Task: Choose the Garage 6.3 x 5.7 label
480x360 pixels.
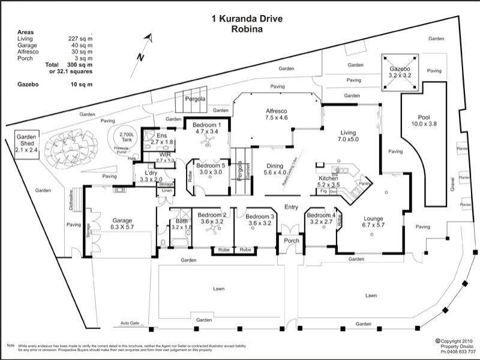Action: tap(122, 224)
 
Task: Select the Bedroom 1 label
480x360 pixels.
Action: tap(206, 127)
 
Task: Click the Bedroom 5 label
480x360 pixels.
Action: tap(210, 169)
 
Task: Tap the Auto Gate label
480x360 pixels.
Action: tap(130, 323)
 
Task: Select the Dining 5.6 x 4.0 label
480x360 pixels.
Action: tap(275, 169)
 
